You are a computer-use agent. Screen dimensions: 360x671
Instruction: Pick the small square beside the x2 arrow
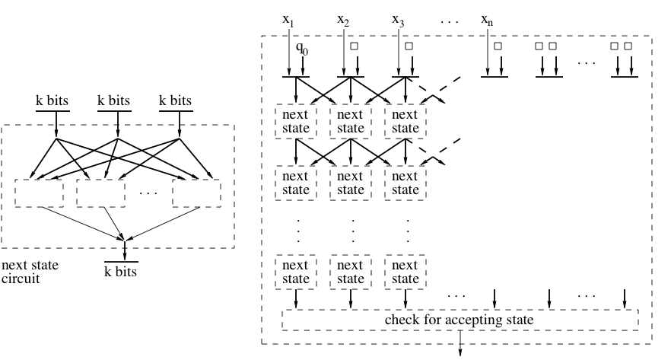point(354,46)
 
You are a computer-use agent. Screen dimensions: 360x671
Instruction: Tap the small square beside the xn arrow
point(498,46)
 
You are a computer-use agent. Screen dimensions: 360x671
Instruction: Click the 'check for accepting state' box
point(460,320)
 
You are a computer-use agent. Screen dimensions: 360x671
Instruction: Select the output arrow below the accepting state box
point(460,347)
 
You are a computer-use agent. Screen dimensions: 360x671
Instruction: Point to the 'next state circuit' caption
point(30,272)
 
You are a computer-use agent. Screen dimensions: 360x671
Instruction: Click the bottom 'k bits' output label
point(122,271)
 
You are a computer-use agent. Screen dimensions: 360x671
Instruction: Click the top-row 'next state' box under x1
point(295,121)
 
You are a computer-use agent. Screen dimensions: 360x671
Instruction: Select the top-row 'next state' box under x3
point(405,121)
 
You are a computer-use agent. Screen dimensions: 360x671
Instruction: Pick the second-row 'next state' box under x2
point(350,183)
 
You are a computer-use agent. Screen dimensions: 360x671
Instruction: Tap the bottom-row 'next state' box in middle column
point(350,272)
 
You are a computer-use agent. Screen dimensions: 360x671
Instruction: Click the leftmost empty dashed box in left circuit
point(39,193)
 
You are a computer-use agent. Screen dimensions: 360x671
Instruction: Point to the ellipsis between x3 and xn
point(450,21)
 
